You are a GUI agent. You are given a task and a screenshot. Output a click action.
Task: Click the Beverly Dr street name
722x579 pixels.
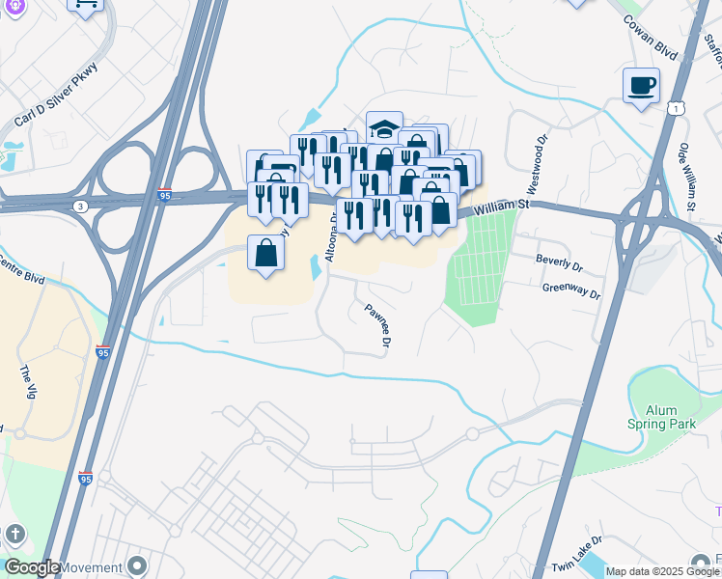[560, 262]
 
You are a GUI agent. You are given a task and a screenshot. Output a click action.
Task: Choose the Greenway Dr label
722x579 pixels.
[571, 288]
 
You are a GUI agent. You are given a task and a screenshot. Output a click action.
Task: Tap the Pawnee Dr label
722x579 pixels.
[377, 326]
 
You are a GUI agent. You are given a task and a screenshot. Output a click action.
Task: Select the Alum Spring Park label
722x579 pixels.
[661, 417]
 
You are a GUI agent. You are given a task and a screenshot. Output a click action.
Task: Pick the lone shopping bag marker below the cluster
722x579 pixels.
[265, 253]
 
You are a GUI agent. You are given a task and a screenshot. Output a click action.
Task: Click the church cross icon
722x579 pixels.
[14, 533]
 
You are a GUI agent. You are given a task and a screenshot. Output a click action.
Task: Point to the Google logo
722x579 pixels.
[32, 567]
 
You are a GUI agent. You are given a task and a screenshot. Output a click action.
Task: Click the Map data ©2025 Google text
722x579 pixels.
[662, 571]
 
